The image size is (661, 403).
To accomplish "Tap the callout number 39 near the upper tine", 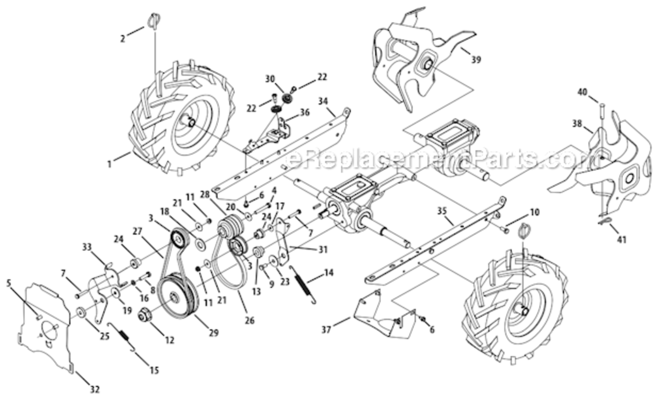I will (476, 60).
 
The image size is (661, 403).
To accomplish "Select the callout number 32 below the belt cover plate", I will (95, 388).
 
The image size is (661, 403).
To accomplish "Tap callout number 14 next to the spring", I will (328, 274).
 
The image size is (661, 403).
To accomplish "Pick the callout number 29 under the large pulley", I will (214, 333).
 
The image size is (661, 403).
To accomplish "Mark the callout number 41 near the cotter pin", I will (622, 240).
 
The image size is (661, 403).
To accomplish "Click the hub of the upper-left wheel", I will (189, 121).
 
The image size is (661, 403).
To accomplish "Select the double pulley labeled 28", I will (229, 227).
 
